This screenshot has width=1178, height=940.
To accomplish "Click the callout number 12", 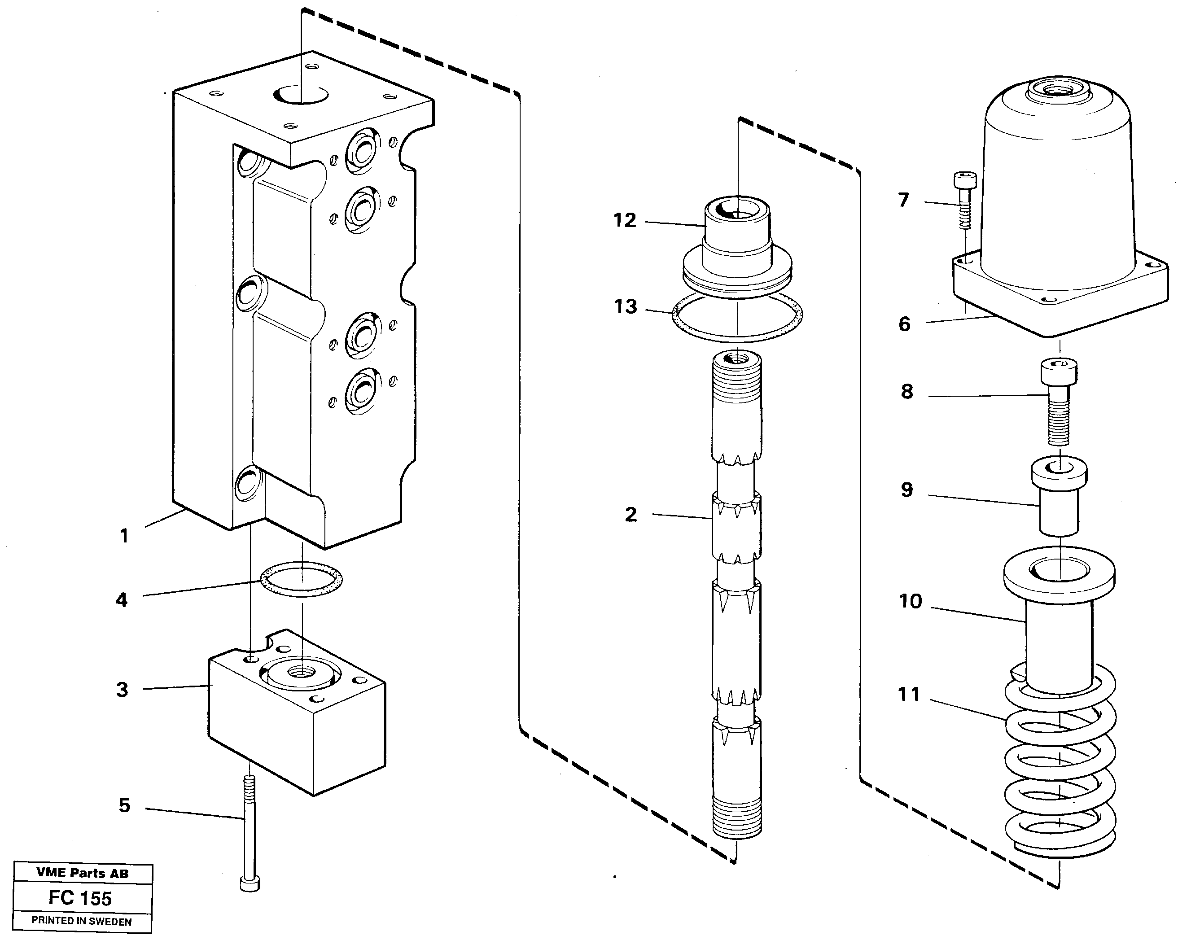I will click(x=625, y=220).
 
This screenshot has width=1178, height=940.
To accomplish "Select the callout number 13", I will click(x=626, y=306).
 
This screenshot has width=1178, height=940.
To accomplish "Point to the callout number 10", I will click(x=910, y=601).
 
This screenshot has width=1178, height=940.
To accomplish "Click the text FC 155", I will click(x=80, y=898).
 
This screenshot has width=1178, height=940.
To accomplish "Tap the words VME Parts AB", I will click(x=83, y=873).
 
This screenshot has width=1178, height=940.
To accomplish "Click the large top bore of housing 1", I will click(x=301, y=95).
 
